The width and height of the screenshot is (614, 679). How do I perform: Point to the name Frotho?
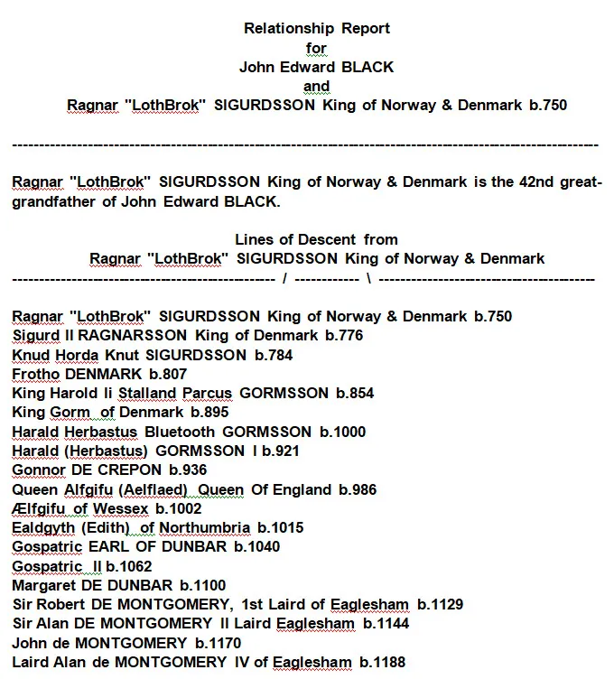(35, 374)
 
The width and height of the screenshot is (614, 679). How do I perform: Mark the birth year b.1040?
(255, 546)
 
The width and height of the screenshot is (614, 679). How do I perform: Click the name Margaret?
(43, 585)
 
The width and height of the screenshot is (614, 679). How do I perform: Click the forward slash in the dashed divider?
(284, 278)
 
